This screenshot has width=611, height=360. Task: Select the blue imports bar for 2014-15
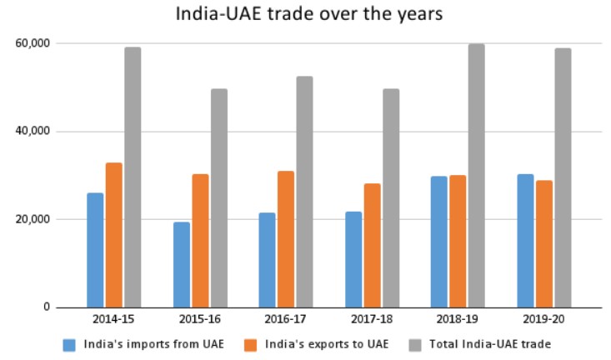pos(95,250)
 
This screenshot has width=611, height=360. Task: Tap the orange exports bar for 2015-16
pos(200,241)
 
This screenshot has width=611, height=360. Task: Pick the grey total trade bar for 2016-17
pos(304,192)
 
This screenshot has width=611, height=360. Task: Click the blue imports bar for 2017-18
pos(353,259)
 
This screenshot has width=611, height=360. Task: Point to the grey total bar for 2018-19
pos(476,176)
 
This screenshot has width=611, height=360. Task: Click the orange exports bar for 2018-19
pos(458,241)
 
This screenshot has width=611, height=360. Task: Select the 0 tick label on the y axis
pos(48,307)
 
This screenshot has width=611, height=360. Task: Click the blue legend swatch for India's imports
pos(70,344)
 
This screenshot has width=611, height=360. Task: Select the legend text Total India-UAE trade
pos(491,344)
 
